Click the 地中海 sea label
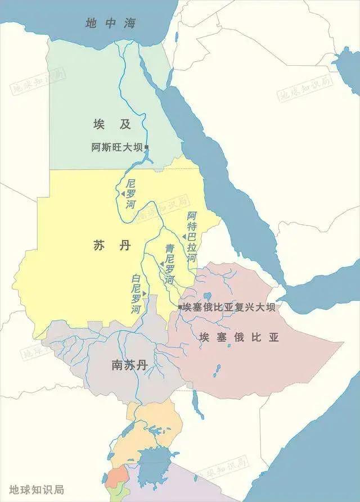111,23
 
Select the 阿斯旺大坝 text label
117,148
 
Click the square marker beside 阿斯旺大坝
146,147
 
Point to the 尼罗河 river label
131,194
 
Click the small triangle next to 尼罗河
121,194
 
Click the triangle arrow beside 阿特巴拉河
184,237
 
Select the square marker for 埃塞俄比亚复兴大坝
180,307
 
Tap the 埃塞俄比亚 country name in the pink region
239,337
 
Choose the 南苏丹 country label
129,365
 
